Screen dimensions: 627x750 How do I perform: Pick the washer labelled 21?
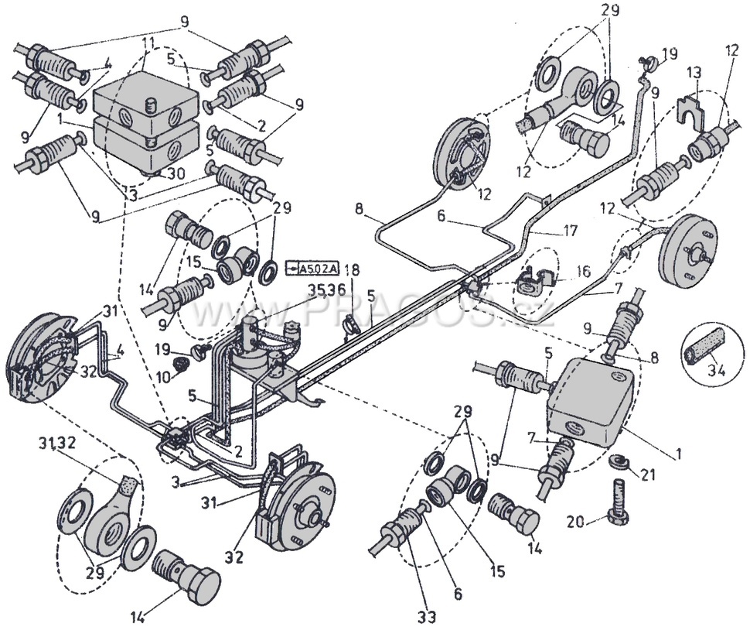click(617, 463)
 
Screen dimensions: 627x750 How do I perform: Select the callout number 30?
click(177, 174)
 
